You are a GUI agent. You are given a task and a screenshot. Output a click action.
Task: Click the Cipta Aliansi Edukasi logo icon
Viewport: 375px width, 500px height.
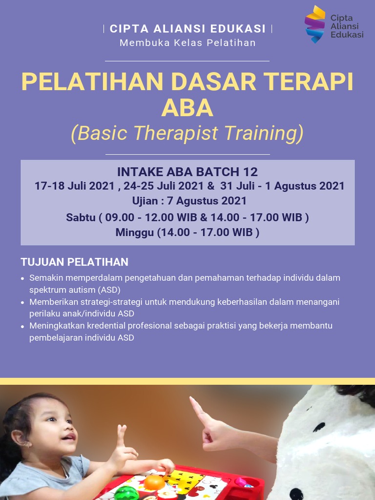click(x=315, y=24)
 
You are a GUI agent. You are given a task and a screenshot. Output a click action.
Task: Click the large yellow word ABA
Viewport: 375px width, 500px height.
click(x=187, y=108)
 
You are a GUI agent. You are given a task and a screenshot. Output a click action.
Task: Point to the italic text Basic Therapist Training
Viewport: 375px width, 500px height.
click(x=187, y=133)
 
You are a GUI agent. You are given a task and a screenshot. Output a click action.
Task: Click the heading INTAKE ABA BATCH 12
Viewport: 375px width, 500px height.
click(x=187, y=172)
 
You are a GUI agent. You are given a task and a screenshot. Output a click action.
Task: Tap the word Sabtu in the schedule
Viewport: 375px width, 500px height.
click(x=81, y=217)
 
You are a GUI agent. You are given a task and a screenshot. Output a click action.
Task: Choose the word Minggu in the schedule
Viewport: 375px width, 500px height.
click(x=134, y=232)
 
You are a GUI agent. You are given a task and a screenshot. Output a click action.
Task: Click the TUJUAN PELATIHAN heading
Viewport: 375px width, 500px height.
click(x=74, y=262)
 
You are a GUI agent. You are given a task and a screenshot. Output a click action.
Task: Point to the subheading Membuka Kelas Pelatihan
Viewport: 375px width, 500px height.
click(x=187, y=42)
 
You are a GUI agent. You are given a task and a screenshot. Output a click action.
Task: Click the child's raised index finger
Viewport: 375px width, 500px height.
click(x=121, y=432)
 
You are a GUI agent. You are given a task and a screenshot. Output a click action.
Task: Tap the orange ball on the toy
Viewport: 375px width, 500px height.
click(x=154, y=482)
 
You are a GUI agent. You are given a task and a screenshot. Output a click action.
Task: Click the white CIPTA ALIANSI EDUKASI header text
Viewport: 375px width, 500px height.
click(x=187, y=29)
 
